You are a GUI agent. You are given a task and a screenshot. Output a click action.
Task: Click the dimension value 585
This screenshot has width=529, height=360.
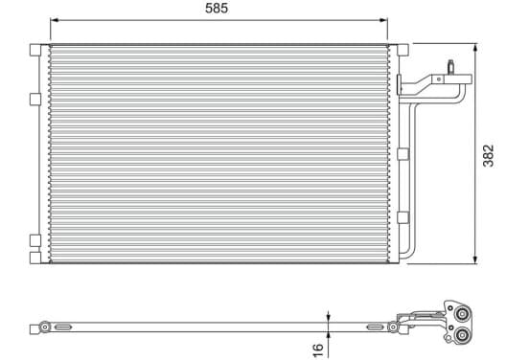tap(217, 8)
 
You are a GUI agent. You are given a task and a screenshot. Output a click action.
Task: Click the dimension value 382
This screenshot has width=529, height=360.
tap(488, 156)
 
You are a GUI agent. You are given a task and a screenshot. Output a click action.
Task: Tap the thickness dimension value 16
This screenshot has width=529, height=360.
tap(317, 349)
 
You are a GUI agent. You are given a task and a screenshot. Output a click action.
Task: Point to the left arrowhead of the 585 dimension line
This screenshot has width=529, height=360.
tap(55, 20)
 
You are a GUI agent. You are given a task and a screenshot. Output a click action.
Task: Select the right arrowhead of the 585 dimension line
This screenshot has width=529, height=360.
tap(383, 20)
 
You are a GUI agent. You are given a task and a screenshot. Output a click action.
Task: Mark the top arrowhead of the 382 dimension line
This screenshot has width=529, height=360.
tap(475, 48)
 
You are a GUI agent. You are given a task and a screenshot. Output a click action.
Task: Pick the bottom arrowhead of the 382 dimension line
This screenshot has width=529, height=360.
tap(475, 259)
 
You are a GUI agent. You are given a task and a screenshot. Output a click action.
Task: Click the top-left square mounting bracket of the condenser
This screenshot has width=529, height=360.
tap(35, 50)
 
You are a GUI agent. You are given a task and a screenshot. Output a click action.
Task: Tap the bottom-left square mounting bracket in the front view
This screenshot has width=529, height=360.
tap(35, 258)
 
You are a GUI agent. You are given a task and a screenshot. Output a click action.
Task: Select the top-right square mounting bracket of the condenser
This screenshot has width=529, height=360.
tap(402, 50)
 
